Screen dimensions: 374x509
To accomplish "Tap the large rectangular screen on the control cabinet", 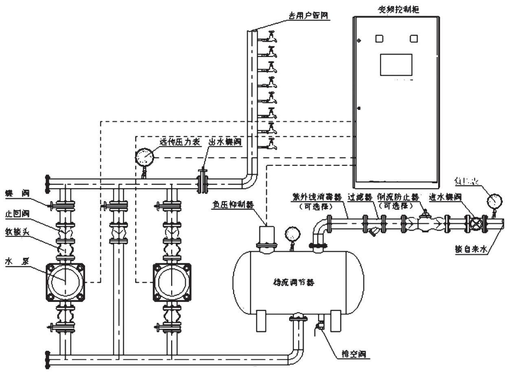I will pyautogui.click(x=396, y=65).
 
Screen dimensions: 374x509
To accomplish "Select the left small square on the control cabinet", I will pyautogui.click(x=379, y=39).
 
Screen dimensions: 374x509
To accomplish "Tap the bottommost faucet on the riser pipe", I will pyautogui.click(x=271, y=143).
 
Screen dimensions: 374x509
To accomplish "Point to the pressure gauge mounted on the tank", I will pyautogui.click(x=292, y=234).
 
